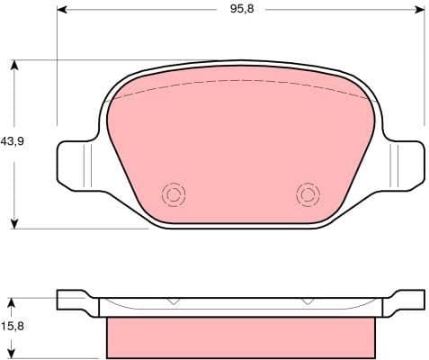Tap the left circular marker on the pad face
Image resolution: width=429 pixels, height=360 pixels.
pyautogui.click(x=172, y=193)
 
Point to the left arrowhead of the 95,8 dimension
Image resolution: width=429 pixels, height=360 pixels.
pyautogui.click(x=61, y=12)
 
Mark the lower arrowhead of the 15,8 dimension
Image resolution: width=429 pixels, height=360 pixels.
pyautogui.click(x=15, y=355)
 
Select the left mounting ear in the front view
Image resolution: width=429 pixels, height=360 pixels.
pyautogui.click(x=77, y=164)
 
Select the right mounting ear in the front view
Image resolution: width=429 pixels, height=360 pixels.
pyautogui.click(x=403, y=164)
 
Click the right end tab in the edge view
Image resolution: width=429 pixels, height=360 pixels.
pyautogui.click(x=407, y=300)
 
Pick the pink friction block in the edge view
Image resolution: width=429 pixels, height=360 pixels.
pyautogui.click(x=240, y=337)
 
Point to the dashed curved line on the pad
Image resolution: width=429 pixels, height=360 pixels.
pyautogui.click(x=240, y=81)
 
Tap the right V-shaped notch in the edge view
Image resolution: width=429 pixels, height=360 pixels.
pyautogui.click(x=308, y=301)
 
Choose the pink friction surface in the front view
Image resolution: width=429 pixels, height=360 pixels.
pyautogui.click(x=240, y=144)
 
